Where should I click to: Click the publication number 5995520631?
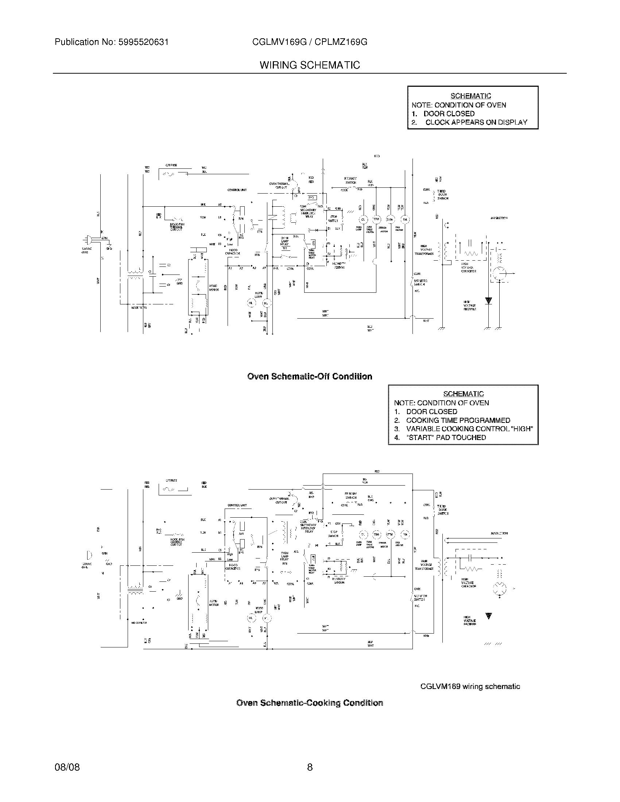click(x=143, y=42)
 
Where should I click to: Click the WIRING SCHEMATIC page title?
click(x=310, y=65)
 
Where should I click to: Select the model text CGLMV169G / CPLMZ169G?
click(x=310, y=42)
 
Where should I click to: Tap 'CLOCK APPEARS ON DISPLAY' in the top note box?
click(x=476, y=122)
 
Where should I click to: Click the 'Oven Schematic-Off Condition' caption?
click(x=310, y=377)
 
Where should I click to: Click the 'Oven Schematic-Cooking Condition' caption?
click(x=310, y=703)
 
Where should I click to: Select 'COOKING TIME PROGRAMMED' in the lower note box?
click(x=458, y=420)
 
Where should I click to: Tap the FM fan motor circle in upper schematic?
click(x=405, y=219)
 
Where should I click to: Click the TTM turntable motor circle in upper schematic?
click(x=376, y=219)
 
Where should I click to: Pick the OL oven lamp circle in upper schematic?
click(x=363, y=219)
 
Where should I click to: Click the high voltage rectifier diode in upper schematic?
click(x=488, y=301)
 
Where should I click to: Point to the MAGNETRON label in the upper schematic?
click(x=499, y=218)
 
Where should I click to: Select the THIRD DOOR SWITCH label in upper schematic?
click(x=442, y=195)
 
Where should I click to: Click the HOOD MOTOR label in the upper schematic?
click(x=214, y=288)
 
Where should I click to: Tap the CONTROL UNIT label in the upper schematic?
click(x=237, y=190)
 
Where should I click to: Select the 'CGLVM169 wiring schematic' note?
click(x=470, y=687)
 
